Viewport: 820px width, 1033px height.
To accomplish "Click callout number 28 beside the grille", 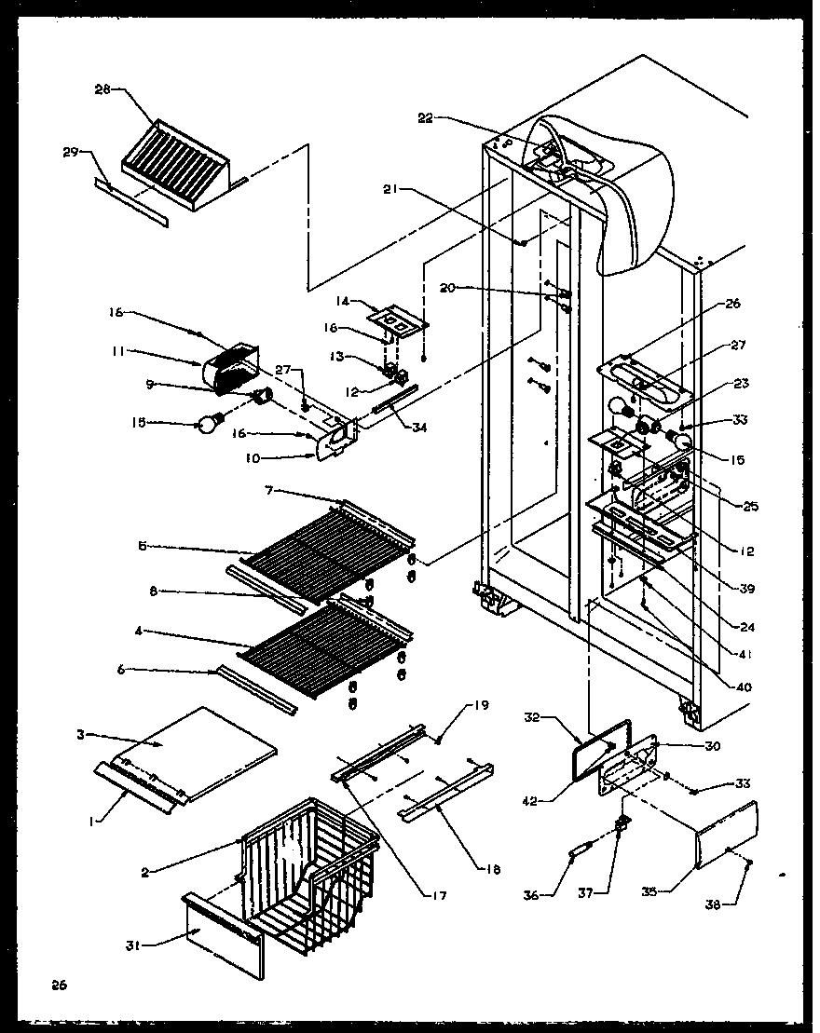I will click(x=102, y=89).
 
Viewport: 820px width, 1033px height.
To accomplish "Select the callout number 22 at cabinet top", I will click(x=425, y=117).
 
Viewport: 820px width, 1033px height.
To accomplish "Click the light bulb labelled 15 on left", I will click(x=205, y=424).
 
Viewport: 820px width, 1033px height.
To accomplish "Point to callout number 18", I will click(x=493, y=870).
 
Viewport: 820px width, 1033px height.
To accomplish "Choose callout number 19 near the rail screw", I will click(x=481, y=705).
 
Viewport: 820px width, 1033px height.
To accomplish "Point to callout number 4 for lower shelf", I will click(x=139, y=631).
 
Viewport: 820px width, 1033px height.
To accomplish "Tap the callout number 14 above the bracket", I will click(x=342, y=301).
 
